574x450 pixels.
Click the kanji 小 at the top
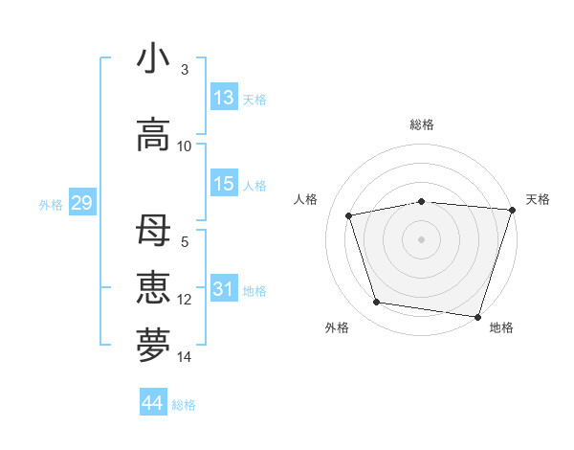tap(153, 58)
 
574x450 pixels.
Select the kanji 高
tap(153, 135)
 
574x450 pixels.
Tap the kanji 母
tap(153, 232)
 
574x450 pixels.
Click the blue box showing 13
tap(224, 98)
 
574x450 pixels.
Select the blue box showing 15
tap(224, 184)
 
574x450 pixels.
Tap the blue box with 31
tap(224, 289)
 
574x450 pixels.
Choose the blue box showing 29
tap(81, 203)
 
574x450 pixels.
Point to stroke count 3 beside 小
tap(185, 70)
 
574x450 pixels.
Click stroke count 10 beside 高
tap(185, 146)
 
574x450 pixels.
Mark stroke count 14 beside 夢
tap(185, 357)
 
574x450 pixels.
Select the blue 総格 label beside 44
tap(184, 405)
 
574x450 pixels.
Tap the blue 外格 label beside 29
tap(51, 205)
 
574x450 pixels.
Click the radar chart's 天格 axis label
tap(538, 199)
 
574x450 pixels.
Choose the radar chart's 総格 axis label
tap(421, 124)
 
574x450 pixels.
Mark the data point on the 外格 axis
tap(377, 303)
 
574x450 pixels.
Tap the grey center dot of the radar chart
tap(421, 239)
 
